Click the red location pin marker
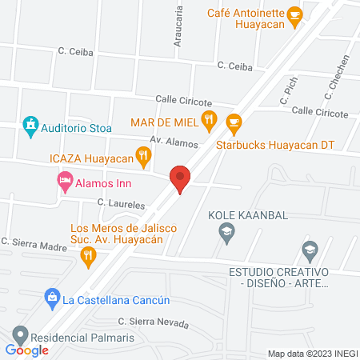[180, 178]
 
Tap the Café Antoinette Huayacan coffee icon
[295, 14]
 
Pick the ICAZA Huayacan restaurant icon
[144, 158]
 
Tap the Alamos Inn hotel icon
[64, 182]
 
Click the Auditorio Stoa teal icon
[30, 124]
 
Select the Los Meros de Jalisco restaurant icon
[89, 256]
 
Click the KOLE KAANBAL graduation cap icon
[226, 232]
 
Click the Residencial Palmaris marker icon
[19, 335]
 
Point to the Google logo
[26, 350]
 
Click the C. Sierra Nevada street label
[153, 323]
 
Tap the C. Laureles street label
[119, 205]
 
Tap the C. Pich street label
[285, 95]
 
